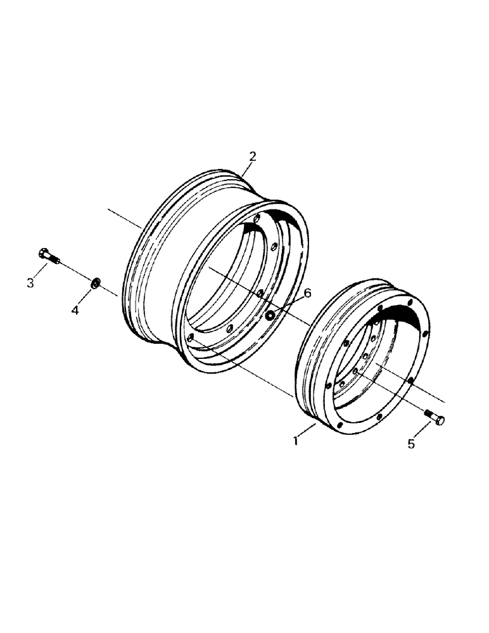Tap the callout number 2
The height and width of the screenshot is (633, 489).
[252, 156]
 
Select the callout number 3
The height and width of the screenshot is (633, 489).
[30, 283]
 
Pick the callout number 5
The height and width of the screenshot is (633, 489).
[411, 444]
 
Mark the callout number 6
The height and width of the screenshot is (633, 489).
[308, 293]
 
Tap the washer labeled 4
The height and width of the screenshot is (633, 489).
[96, 282]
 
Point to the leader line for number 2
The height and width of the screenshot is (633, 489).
[246, 169]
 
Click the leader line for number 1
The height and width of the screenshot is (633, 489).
[307, 432]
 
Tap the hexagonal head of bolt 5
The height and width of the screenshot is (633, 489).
[439, 420]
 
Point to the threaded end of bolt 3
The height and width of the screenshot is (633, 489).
[56, 261]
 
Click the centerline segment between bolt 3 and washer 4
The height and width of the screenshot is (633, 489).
[76, 272]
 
